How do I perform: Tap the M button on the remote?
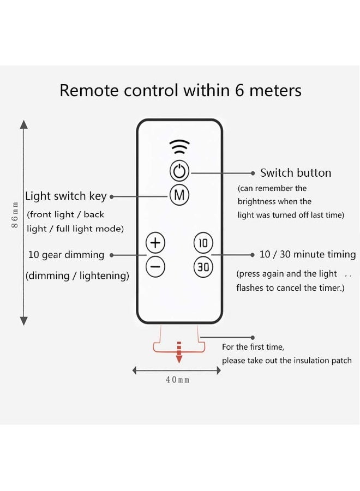[x=179, y=195]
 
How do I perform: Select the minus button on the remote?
[x=155, y=267]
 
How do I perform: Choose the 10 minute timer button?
[x=203, y=243]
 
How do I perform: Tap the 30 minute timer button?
[x=203, y=267]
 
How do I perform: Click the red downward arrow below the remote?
[x=178, y=352]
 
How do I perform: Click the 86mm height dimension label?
[x=16, y=215]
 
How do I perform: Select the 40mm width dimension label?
[x=177, y=380]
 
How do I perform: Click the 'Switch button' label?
[x=296, y=173]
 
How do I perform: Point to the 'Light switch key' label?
[x=66, y=196]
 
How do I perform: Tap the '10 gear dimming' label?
[x=66, y=255]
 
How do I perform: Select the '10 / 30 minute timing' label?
[x=308, y=255]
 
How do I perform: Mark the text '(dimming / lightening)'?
[x=77, y=276]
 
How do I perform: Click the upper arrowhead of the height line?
[x=23, y=125]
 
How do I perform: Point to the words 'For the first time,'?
[x=253, y=347]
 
